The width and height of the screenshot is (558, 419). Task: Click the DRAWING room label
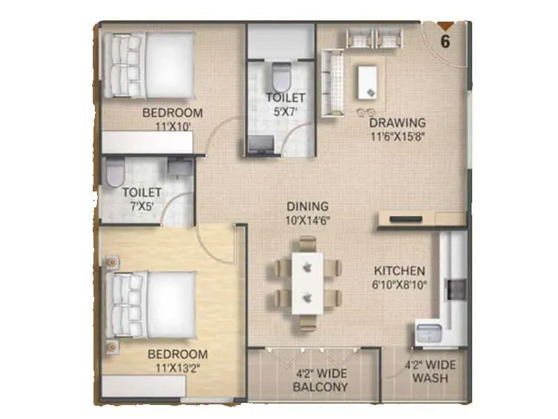pos(397,124)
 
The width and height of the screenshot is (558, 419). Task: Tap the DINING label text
pos(307,207)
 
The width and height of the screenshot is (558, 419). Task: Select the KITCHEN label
pos(400,270)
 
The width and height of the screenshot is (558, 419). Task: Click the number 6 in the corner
pos(445,41)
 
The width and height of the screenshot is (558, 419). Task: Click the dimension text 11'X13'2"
pos(176,368)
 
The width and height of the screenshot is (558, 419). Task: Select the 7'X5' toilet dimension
pos(142,205)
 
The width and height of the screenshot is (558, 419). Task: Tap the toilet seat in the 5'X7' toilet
pos(280,73)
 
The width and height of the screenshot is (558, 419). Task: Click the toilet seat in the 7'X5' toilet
pos(115,173)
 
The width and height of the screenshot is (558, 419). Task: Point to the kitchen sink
pos(426,332)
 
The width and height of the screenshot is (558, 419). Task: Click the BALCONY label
pos(320,387)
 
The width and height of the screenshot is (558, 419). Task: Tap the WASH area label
pos(430,379)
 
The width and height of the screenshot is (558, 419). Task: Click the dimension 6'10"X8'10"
pos(400,284)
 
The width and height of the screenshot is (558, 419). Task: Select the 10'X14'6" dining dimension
pos(307,220)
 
